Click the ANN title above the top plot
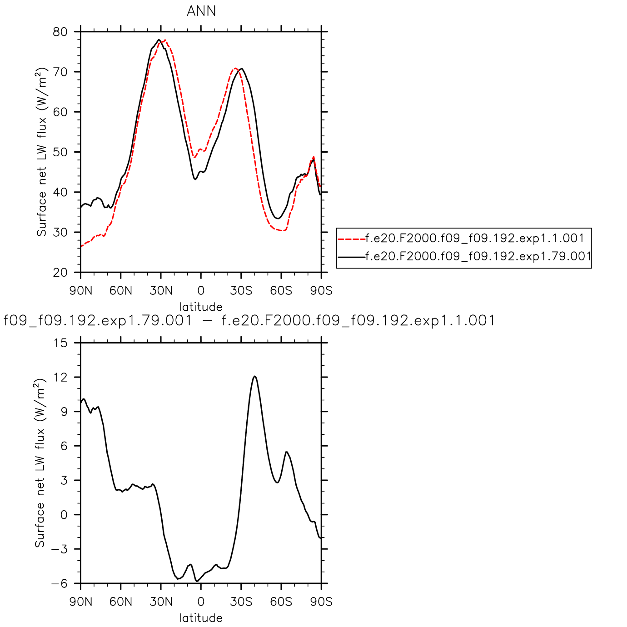201,11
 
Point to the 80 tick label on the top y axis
60,32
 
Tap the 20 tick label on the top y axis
60,273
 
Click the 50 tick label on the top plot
60,152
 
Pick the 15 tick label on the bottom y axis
60,343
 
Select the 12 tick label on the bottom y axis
60,377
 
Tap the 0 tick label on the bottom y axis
64,515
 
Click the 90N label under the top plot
81,291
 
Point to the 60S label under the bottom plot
281,602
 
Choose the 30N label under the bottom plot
161,602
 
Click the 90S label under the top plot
321,291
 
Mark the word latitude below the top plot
201,307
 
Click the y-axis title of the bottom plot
40,463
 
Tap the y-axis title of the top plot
41,152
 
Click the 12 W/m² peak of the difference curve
255,376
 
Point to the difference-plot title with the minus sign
249,321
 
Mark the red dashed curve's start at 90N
81,247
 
